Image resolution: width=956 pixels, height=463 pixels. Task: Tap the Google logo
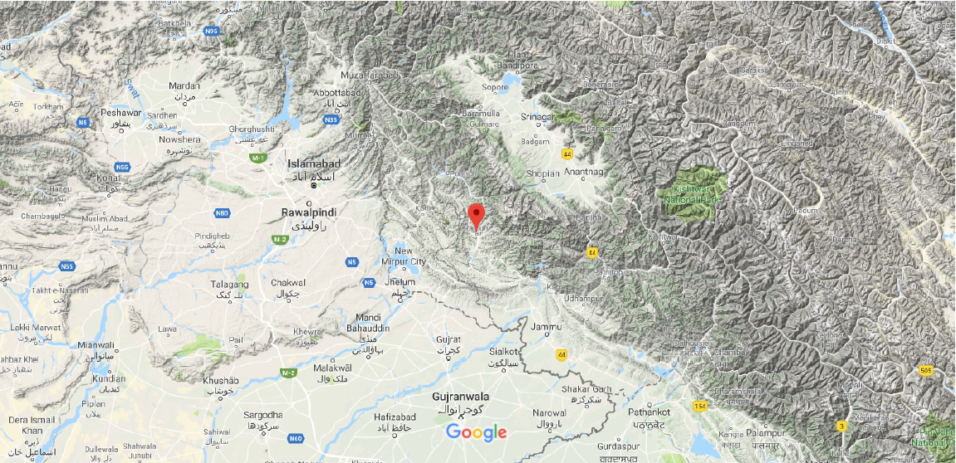[x=476, y=432]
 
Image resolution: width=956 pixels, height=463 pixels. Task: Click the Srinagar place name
[x=537, y=117]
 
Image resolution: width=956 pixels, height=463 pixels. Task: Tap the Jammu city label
[x=546, y=327]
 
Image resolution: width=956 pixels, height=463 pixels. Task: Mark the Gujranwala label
[x=460, y=397]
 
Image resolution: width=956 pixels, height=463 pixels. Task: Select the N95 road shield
[x=212, y=32]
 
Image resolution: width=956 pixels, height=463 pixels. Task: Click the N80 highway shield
[x=222, y=213]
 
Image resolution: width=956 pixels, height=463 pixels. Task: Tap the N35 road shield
[x=331, y=120]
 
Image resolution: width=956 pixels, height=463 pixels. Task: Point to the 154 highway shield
[x=700, y=405]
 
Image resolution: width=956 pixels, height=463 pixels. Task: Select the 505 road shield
[x=926, y=370]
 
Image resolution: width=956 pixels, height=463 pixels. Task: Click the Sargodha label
[x=262, y=415]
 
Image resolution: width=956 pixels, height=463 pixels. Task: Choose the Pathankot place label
[x=649, y=412]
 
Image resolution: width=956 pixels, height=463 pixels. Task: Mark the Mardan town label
[x=184, y=86]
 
